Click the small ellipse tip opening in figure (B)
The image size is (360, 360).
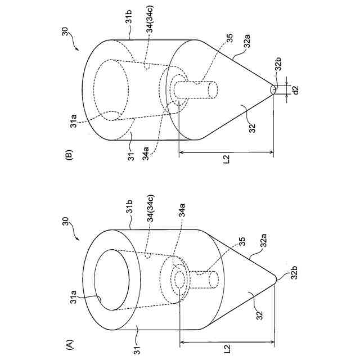pos(273,89)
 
